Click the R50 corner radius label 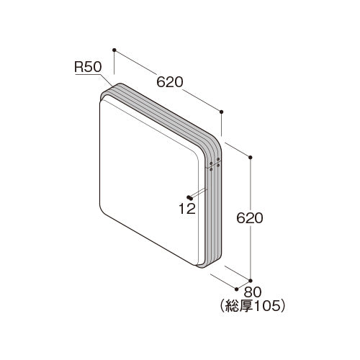point(88,67)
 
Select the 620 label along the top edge point(170,82)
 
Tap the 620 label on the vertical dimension point(250,218)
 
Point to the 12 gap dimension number point(187,209)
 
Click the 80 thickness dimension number point(253,292)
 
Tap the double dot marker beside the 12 point(189,197)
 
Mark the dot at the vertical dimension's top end point(251,158)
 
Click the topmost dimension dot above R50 point(114,50)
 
